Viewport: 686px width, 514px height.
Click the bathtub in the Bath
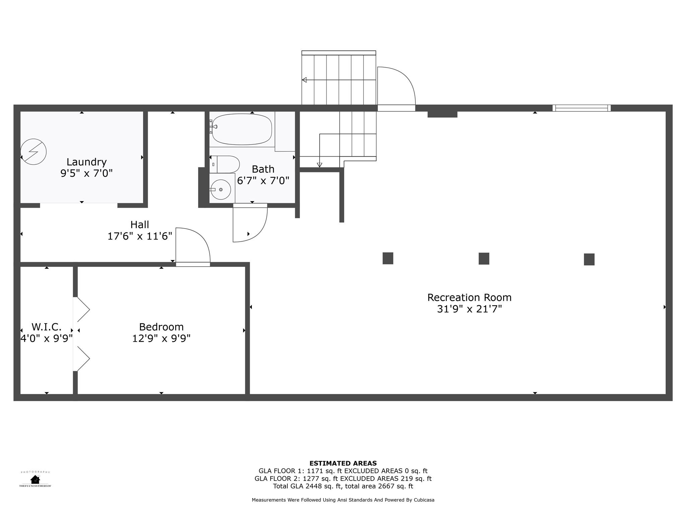coord(242,130)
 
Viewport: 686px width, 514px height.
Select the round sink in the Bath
coord(221,189)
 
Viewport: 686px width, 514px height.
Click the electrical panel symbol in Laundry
coord(33,152)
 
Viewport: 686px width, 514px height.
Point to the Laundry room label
coord(86,162)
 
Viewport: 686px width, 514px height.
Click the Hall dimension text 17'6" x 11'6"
coord(140,236)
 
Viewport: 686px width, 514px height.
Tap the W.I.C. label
coord(47,327)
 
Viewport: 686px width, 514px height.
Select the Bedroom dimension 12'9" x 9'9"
coord(161,338)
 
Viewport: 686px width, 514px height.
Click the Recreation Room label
coord(469,297)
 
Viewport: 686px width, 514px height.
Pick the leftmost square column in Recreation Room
coord(388,258)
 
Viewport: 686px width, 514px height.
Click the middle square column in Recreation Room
coord(484,259)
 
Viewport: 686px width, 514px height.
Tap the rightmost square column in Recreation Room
coord(589,259)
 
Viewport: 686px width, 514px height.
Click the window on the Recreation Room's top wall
coord(581,108)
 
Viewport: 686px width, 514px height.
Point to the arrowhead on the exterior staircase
coord(304,80)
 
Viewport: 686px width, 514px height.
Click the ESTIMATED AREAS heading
coord(343,463)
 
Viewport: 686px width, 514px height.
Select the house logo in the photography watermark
coord(35,479)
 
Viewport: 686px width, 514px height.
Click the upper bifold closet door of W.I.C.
coord(82,310)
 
